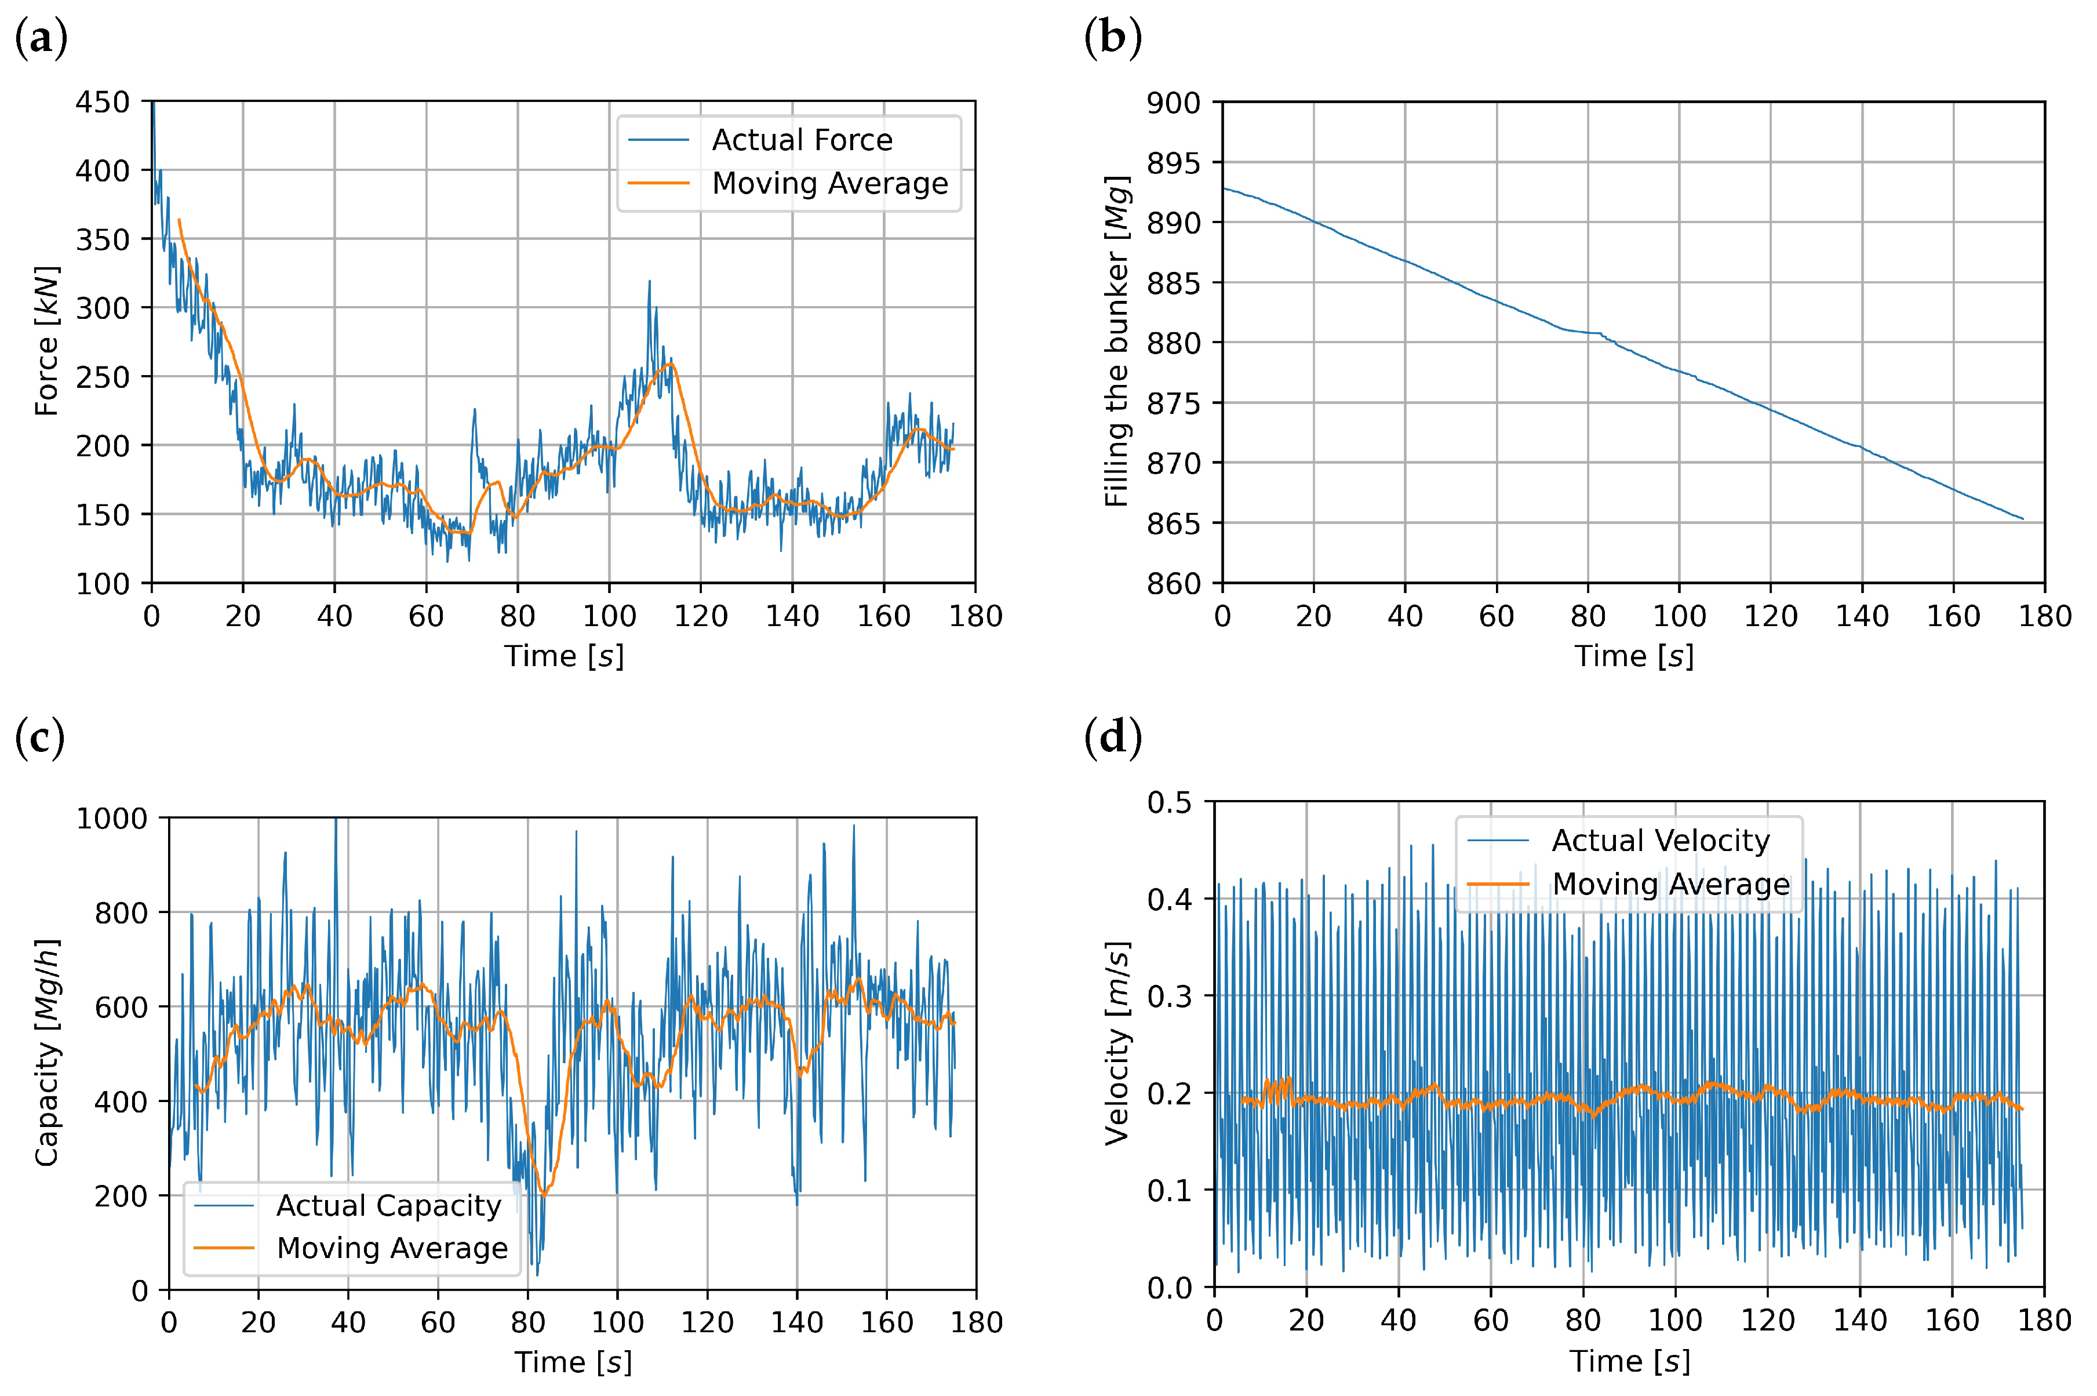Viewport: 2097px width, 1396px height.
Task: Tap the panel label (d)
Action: click(x=1113, y=737)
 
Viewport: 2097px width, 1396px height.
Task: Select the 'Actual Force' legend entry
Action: click(x=801, y=140)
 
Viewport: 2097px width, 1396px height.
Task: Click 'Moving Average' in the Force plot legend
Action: click(x=829, y=183)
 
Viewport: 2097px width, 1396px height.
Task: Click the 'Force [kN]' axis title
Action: click(x=47, y=341)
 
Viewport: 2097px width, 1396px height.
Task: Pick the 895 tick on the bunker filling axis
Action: click(x=1172, y=163)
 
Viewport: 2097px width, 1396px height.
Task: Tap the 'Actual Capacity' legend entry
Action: click(x=389, y=1205)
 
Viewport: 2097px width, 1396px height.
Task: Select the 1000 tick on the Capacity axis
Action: click(x=111, y=818)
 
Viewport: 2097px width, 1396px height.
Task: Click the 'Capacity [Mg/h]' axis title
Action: click(x=47, y=1052)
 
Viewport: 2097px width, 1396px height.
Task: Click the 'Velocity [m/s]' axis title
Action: click(x=1117, y=1042)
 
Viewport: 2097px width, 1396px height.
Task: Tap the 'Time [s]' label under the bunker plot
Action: click(x=1633, y=656)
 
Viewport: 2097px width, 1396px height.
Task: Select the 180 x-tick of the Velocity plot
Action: click(x=2044, y=1320)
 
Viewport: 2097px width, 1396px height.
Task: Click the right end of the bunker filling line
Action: click(x=2023, y=519)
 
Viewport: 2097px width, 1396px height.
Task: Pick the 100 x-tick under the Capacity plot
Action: click(x=617, y=1322)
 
